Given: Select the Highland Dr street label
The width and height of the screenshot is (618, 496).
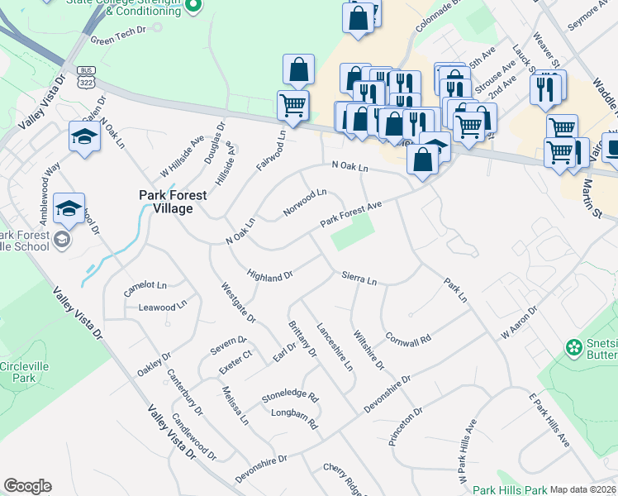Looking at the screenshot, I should pos(270,274).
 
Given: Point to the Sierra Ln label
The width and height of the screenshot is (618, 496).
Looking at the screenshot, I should pos(359,280).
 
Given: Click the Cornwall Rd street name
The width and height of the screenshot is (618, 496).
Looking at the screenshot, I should pos(408,339).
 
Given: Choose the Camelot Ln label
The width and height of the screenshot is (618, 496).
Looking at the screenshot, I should pos(145,287).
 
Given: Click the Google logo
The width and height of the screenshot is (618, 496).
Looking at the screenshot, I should pos(27,487).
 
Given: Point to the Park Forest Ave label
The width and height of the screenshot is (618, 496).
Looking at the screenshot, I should pos(351,213).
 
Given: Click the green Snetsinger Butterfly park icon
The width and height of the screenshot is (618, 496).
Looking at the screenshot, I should pos(573,347).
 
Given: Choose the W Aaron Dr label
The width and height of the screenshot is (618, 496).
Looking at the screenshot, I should pos(519,322).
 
